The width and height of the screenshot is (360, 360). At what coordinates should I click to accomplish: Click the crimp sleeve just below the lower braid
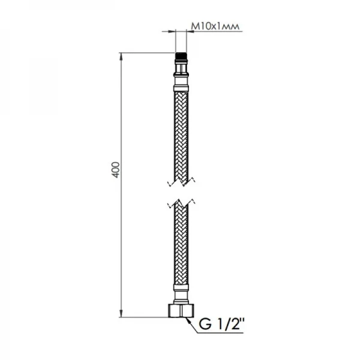click(180, 290)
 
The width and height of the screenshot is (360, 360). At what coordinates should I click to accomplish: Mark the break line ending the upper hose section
click(180, 179)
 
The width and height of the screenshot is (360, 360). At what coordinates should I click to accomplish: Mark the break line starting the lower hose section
click(180, 202)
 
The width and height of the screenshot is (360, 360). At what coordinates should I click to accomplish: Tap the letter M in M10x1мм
click(194, 26)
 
